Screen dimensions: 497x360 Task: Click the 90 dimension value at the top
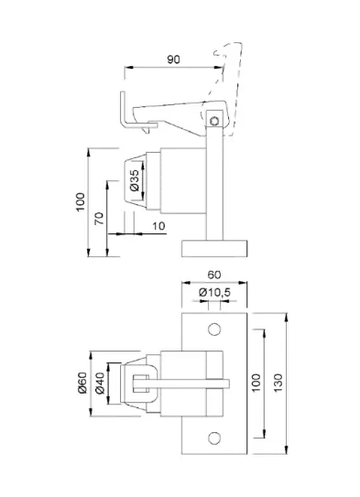pyautogui.click(x=172, y=59)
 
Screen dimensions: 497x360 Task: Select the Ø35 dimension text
pyautogui.click(x=135, y=181)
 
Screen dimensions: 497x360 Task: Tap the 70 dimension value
pyautogui.click(x=99, y=220)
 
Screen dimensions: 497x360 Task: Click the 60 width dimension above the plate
pyautogui.click(x=214, y=275)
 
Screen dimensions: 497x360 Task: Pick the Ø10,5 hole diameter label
pyautogui.click(x=215, y=292)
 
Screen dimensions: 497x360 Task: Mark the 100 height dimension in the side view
pyautogui.click(x=81, y=199)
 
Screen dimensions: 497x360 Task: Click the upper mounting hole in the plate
pyautogui.click(x=215, y=328)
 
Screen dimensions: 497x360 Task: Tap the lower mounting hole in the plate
pyautogui.click(x=215, y=437)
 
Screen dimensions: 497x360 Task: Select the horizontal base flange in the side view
pyautogui.click(x=214, y=247)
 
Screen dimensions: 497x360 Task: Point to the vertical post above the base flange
pyautogui.click(x=215, y=183)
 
